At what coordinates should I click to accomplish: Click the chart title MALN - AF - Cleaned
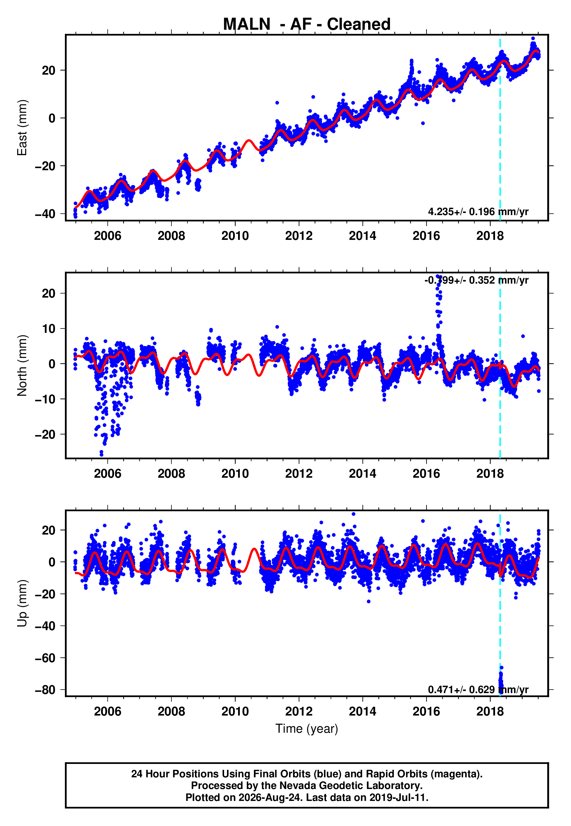pos(307,24)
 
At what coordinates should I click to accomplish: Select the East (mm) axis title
pos(22,128)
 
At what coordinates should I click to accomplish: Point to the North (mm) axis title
pos(22,365)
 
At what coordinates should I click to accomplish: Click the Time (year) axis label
pos(307,729)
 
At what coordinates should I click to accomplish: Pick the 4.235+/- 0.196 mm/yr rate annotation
pos(478,212)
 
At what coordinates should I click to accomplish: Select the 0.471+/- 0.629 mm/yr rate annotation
pos(478,690)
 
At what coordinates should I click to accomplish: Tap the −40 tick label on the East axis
pos(45,214)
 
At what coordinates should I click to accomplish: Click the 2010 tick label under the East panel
pos(235,236)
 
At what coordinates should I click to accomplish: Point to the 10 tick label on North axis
pos(49,328)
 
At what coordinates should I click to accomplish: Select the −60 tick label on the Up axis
pos(45,658)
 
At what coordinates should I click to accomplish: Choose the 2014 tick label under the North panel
pos(362,474)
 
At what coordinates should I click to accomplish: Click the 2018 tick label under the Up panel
pos(490,711)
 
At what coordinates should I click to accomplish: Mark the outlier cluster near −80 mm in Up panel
pos(501,681)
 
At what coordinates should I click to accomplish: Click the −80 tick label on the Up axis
pos(45,690)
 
